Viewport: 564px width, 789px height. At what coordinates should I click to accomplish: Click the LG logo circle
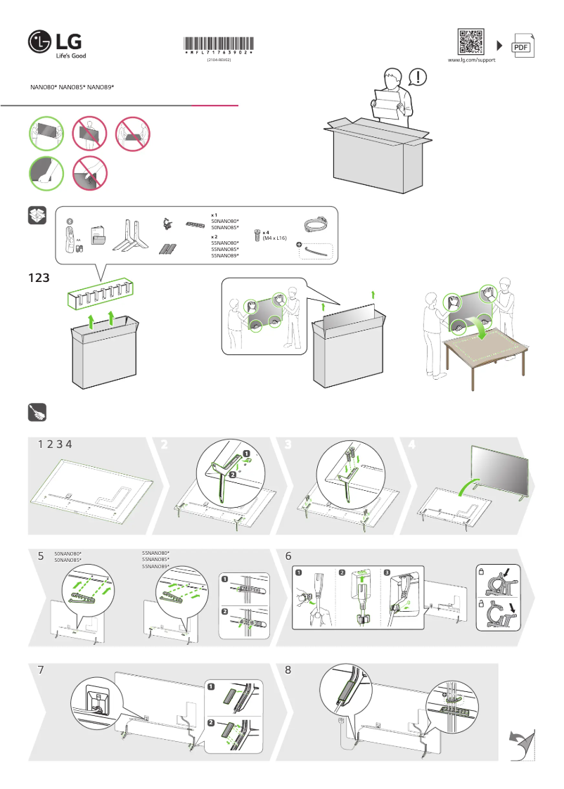(40, 42)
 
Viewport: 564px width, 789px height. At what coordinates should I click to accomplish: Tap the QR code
(470, 41)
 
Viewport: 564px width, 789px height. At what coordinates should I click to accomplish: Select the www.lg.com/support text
(472, 60)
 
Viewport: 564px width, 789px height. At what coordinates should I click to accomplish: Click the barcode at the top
(219, 44)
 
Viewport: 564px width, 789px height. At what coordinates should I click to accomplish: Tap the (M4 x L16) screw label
(274, 238)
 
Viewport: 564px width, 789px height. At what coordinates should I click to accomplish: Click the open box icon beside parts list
(37, 216)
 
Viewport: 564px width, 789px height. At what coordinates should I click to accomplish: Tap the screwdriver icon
(37, 412)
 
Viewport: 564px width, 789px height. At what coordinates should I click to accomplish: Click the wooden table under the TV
(485, 348)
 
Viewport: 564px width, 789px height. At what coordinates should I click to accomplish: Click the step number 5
(41, 556)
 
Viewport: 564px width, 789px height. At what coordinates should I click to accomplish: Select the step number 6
(288, 556)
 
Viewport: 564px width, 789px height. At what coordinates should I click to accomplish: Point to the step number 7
(41, 670)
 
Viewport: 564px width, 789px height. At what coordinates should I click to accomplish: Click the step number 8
(288, 670)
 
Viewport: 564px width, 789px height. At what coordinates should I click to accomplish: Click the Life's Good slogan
(71, 56)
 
